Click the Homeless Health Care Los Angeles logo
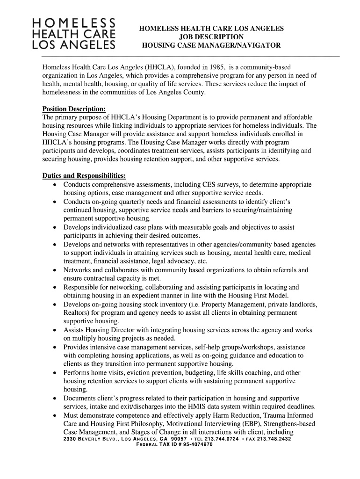tap(73, 34)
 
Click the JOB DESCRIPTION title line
tap(211, 37)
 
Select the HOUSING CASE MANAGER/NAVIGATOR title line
tap(211, 45)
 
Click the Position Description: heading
tap(74, 109)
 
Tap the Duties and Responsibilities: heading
tap(84, 176)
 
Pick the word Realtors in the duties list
tap(76, 312)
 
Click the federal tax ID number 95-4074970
tap(195, 444)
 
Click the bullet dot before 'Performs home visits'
tap(55, 373)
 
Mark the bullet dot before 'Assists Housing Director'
tap(55, 330)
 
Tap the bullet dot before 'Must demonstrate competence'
tap(55, 415)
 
